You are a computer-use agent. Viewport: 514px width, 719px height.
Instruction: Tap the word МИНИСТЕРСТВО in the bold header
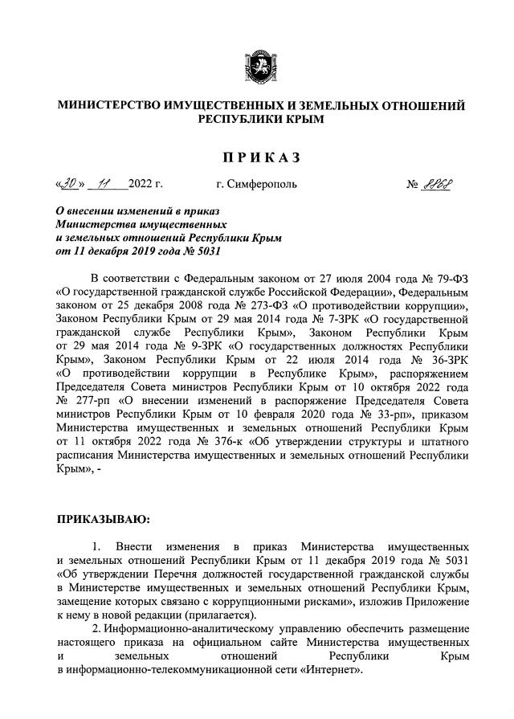[x=114, y=106]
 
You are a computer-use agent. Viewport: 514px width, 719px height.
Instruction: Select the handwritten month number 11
[x=103, y=184]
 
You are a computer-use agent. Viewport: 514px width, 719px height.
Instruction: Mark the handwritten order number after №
[x=439, y=184]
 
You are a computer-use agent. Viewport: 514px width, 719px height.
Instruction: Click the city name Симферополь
[x=263, y=185]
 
